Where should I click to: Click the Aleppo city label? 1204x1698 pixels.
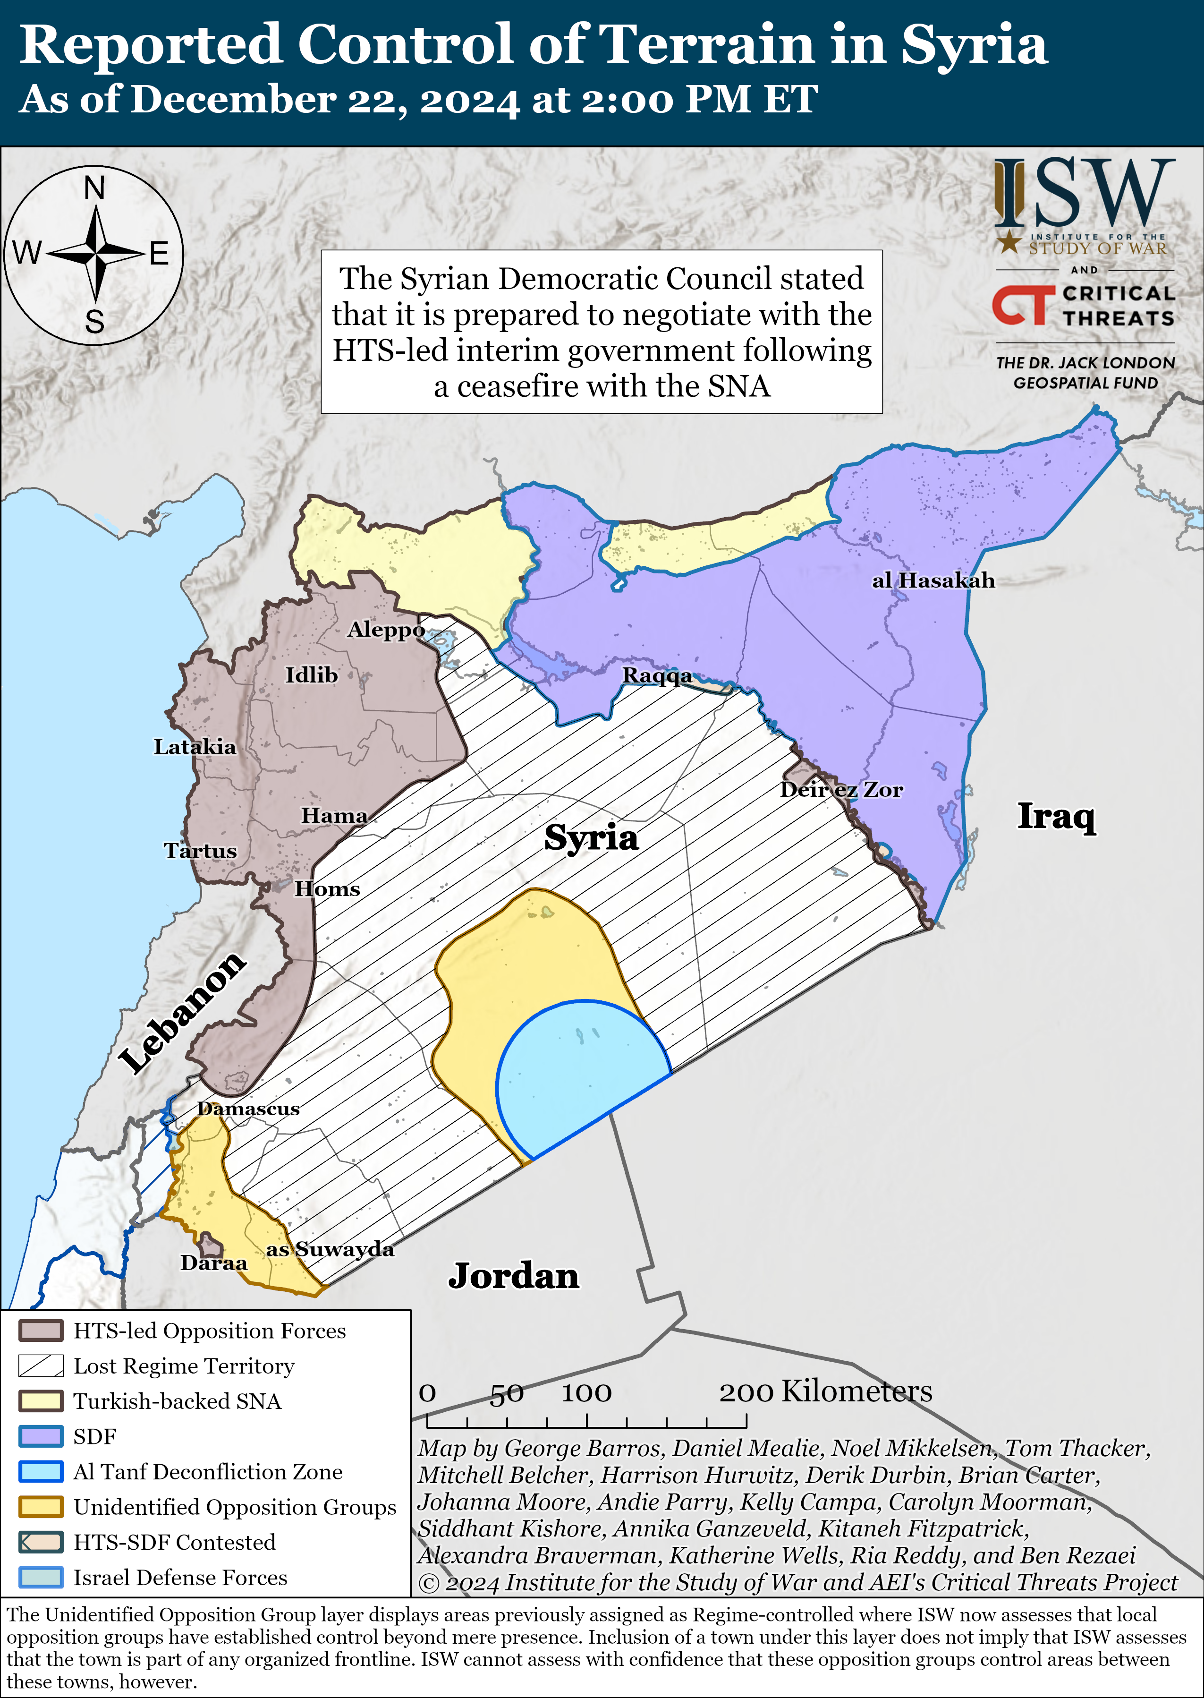click(386, 630)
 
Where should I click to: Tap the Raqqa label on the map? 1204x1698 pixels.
click(657, 675)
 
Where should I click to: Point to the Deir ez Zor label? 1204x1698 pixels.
click(841, 790)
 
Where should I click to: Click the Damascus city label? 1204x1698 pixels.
click(248, 1109)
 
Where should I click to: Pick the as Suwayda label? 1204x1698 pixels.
click(330, 1249)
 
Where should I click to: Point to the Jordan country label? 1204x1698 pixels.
click(513, 1276)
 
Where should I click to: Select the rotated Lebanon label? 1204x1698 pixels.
click(182, 1012)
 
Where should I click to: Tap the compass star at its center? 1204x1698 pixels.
click(96, 254)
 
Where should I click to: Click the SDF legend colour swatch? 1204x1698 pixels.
click(41, 1436)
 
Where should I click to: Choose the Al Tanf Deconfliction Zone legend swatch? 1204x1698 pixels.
click(41, 1471)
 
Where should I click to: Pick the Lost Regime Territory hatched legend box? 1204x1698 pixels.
click(41, 1366)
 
